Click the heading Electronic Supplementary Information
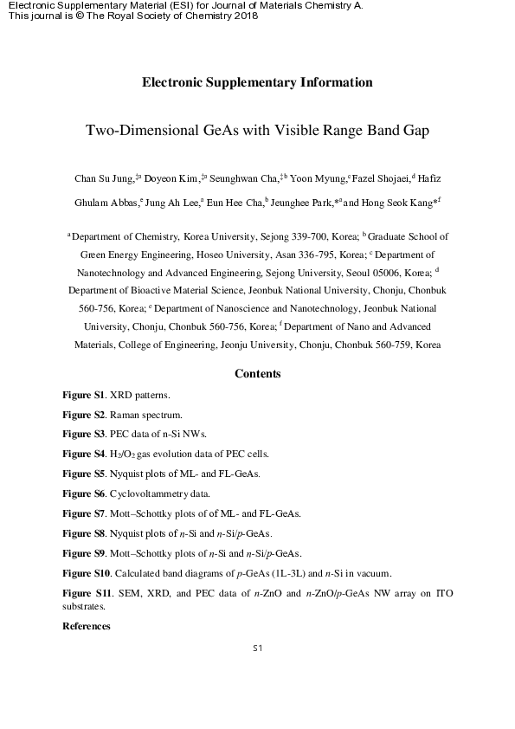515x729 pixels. coord(257,83)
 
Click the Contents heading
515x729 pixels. coord(257,374)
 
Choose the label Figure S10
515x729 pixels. coord(85,573)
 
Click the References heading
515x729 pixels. coord(87,625)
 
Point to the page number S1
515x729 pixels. coord(257,648)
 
